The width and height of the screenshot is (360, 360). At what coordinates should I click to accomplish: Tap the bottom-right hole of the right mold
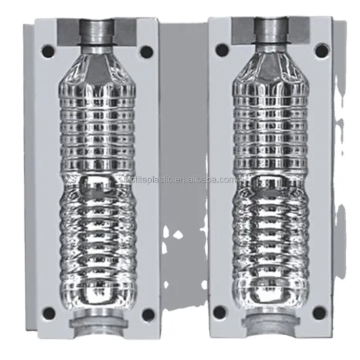tap(320, 313)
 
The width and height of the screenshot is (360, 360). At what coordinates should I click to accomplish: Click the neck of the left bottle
tap(98, 33)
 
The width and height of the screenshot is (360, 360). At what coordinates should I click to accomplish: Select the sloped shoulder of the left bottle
tap(98, 65)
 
